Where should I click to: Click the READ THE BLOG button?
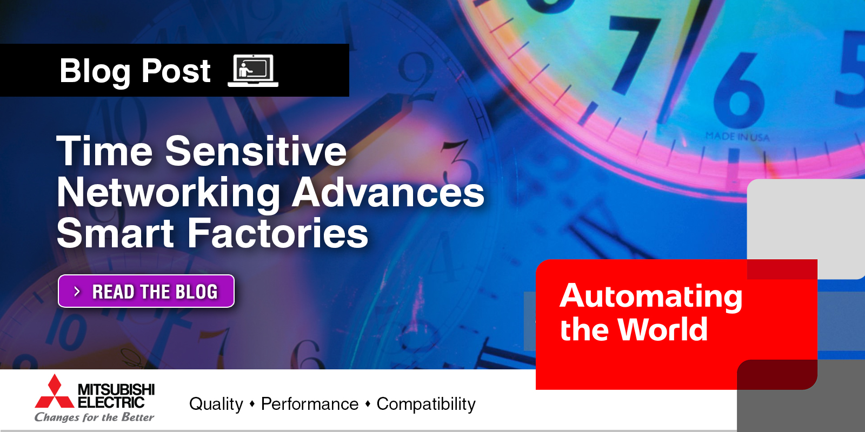146,291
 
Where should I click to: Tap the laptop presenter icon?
253,71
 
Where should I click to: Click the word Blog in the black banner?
95,71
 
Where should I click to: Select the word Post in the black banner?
176,71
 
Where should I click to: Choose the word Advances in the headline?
388,193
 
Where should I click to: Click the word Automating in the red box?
651,296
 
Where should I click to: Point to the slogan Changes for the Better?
95,417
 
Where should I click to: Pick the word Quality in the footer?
216,404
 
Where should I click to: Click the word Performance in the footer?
310,404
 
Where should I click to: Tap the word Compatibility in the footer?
426,404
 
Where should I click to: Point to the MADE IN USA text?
737,137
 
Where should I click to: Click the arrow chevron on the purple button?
77,292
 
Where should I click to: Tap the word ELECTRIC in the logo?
111,402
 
